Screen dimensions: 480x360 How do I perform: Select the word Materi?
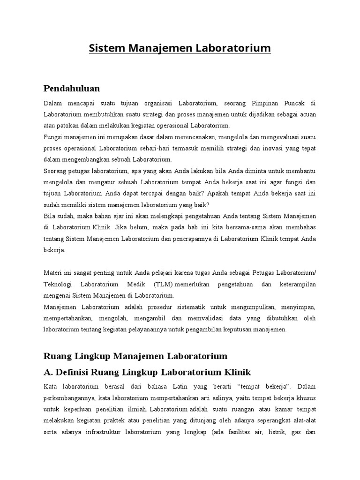pos(53,273)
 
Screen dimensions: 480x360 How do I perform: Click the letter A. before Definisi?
pos(48,373)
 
